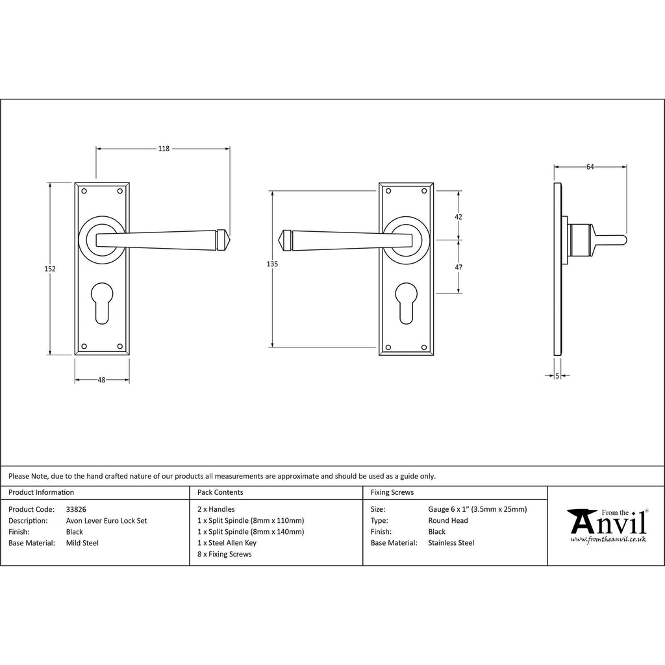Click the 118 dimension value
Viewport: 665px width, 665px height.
pyautogui.click(x=164, y=149)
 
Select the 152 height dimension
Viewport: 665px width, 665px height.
pyautogui.click(x=50, y=268)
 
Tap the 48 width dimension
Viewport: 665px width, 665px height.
pyautogui.click(x=101, y=380)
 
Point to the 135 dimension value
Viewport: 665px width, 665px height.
pyautogui.click(x=272, y=264)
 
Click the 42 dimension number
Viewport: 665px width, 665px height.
pyautogui.click(x=458, y=217)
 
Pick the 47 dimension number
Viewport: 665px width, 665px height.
pyautogui.click(x=458, y=267)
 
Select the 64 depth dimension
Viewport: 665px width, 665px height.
pyautogui.click(x=590, y=167)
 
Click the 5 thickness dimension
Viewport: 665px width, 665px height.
pyautogui.click(x=557, y=376)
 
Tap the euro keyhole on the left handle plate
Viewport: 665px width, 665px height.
pyautogui.click(x=102, y=303)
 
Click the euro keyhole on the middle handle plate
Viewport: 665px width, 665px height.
pyautogui.click(x=407, y=303)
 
